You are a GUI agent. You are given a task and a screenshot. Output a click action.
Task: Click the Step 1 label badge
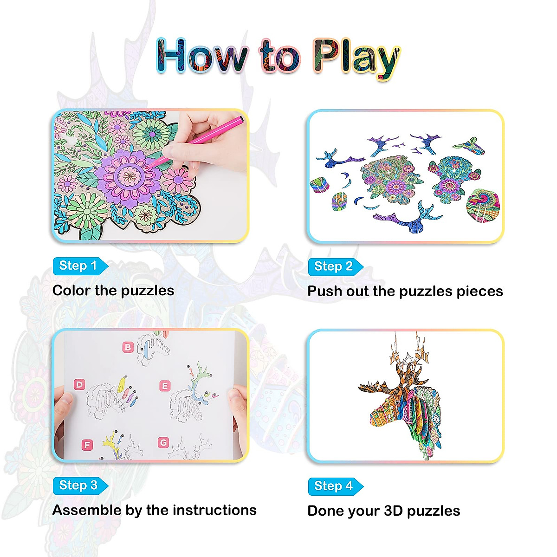coord(78,266)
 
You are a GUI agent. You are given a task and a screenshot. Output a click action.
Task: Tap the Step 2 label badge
coord(334,266)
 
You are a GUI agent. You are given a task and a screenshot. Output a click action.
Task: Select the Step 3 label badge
coord(78,486)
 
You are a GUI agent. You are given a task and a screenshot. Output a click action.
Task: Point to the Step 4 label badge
coord(334,486)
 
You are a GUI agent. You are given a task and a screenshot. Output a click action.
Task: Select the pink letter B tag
coord(128,347)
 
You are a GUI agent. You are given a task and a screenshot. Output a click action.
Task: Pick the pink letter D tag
coord(79,384)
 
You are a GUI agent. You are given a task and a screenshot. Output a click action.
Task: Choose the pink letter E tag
coord(164,386)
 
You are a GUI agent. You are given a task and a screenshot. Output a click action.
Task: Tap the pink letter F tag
coord(86,445)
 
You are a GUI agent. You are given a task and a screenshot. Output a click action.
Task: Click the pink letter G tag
coord(163,443)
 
